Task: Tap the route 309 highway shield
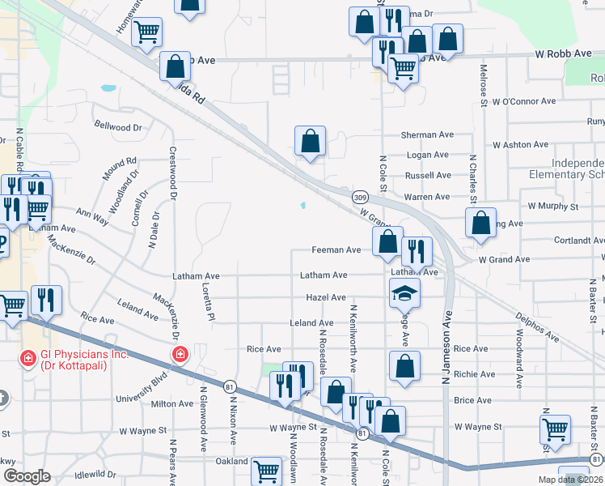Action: click(361, 197)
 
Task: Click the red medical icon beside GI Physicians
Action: click(27, 356)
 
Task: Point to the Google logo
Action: click(27, 475)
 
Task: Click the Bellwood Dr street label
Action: click(118, 127)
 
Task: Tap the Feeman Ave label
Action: click(336, 250)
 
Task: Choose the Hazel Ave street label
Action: click(326, 298)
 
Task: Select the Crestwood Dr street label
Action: click(172, 172)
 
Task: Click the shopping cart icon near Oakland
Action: click(266, 471)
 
